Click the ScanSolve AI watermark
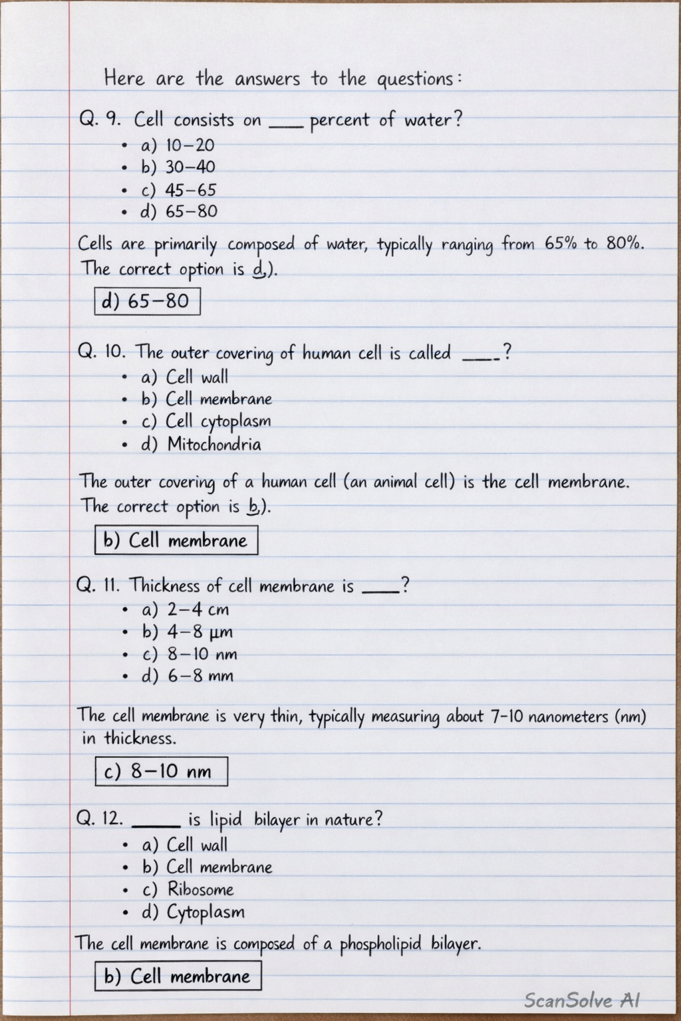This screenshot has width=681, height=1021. pos(582,1000)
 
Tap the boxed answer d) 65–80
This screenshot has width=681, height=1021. pos(147,301)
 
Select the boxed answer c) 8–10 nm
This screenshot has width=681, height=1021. pos(161,771)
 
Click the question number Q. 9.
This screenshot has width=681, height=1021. pos(100,120)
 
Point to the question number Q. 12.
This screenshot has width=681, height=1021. pos(100,818)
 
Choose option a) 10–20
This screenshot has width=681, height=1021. pos(178,145)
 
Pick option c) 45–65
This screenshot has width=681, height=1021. pos(178,190)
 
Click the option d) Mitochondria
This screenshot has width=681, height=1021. pos(200,444)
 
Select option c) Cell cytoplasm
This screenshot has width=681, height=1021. pos(206,421)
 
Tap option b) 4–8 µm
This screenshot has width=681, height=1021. pos(187,631)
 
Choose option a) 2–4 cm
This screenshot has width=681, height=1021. pos(185,610)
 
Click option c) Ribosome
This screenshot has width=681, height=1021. pos(188,889)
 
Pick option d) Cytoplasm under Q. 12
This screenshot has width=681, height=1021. pos(193,912)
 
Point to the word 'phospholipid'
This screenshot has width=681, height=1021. pos(380,944)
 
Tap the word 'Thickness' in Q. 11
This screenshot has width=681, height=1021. pos(164,586)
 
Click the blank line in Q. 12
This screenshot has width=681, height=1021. pos(156,825)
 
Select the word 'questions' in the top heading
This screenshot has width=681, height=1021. pos(416,79)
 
